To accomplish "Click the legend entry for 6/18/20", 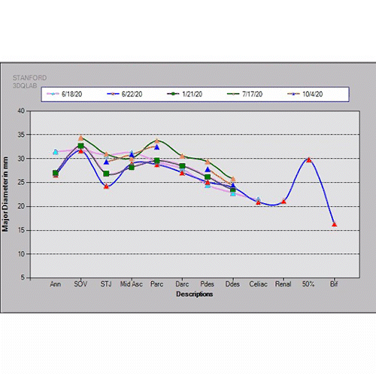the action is tap(65, 94).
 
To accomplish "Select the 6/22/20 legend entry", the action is tap(125, 94).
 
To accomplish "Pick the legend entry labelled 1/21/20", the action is tap(185, 94).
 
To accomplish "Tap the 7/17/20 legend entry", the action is tap(245, 94).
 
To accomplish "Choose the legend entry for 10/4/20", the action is tap(305, 94).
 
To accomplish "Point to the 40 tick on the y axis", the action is tap(21, 111).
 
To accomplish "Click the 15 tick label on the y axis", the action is tap(21, 230).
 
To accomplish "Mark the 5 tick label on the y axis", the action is tap(23, 277).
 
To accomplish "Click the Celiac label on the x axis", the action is tap(258, 284).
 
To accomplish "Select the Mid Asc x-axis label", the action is tap(132, 284).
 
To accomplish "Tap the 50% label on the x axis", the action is tap(308, 284).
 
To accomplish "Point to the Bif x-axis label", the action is tap(334, 284).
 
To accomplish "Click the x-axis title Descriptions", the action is tap(195, 294).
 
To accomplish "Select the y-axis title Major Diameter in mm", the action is tap(5, 194).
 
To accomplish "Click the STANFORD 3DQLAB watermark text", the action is tap(29, 82).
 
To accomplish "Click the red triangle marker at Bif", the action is tap(335, 225).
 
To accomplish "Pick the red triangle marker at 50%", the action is tap(309, 160).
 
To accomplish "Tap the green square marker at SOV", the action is tap(80, 146).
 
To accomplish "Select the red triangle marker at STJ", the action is tap(106, 186).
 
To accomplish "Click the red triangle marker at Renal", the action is tap(284, 202).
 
